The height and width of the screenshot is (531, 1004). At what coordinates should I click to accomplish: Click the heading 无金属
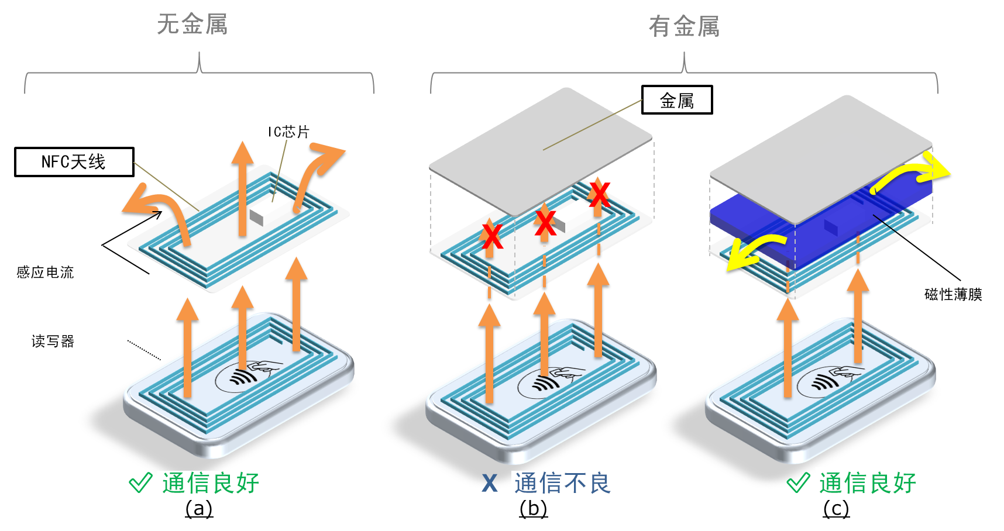tap(192, 25)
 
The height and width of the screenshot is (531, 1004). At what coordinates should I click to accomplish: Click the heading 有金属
tap(684, 26)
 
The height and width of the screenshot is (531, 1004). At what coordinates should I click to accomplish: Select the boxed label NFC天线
tap(74, 162)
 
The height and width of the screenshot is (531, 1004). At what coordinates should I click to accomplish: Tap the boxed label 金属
tap(677, 100)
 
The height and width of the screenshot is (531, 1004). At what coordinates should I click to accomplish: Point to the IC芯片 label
tap(288, 132)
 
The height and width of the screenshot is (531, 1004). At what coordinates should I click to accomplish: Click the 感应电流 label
tap(45, 272)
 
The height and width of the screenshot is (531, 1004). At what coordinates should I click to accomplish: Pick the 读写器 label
tap(53, 341)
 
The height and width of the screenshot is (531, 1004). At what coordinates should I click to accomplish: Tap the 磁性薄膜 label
tap(953, 294)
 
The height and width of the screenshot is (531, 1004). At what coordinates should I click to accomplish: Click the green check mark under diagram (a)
tap(140, 482)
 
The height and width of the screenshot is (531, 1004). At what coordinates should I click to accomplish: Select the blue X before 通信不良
tap(490, 484)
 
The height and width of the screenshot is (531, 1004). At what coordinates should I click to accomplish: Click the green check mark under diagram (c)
tap(798, 482)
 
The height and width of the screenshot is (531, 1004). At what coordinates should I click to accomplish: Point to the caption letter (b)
tap(533, 509)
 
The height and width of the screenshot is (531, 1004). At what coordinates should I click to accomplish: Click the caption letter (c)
tap(836, 509)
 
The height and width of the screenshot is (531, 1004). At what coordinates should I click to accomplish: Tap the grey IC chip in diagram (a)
tap(256, 217)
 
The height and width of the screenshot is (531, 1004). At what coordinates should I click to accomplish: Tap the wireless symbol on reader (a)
tap(242, 378)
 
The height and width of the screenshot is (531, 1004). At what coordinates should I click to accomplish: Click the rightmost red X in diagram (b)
tap(599, 194)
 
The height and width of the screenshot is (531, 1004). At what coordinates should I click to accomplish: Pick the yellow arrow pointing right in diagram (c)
tap(910, 172)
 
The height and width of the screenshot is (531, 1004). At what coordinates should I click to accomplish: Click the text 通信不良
tap(562, 484)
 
